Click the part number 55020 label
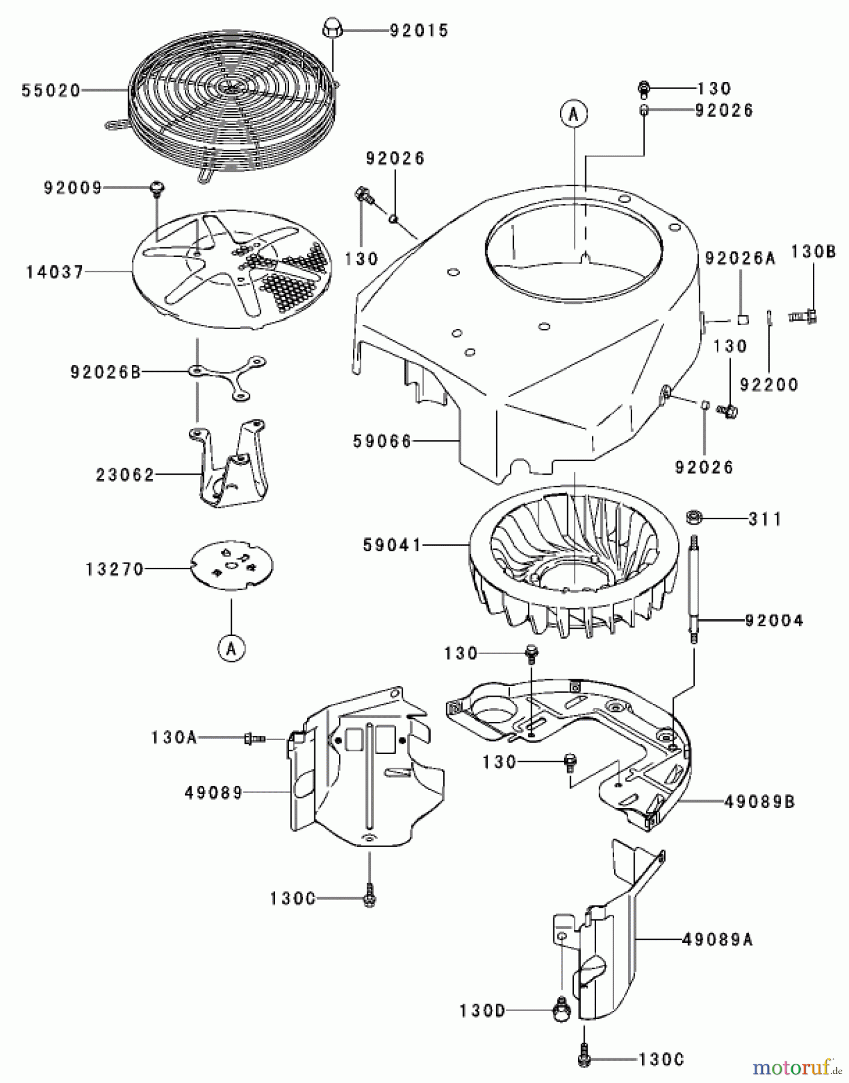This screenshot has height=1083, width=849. click(x=51, y=90)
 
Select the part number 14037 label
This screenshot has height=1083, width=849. click(x=55, y=272)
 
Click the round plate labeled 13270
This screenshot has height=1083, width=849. click(x=232, y=566)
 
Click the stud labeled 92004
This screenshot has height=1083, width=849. click(x=694, y=590)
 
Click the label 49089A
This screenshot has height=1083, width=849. click(x=717, y=939)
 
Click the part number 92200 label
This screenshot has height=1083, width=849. click(x=768, y=384)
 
